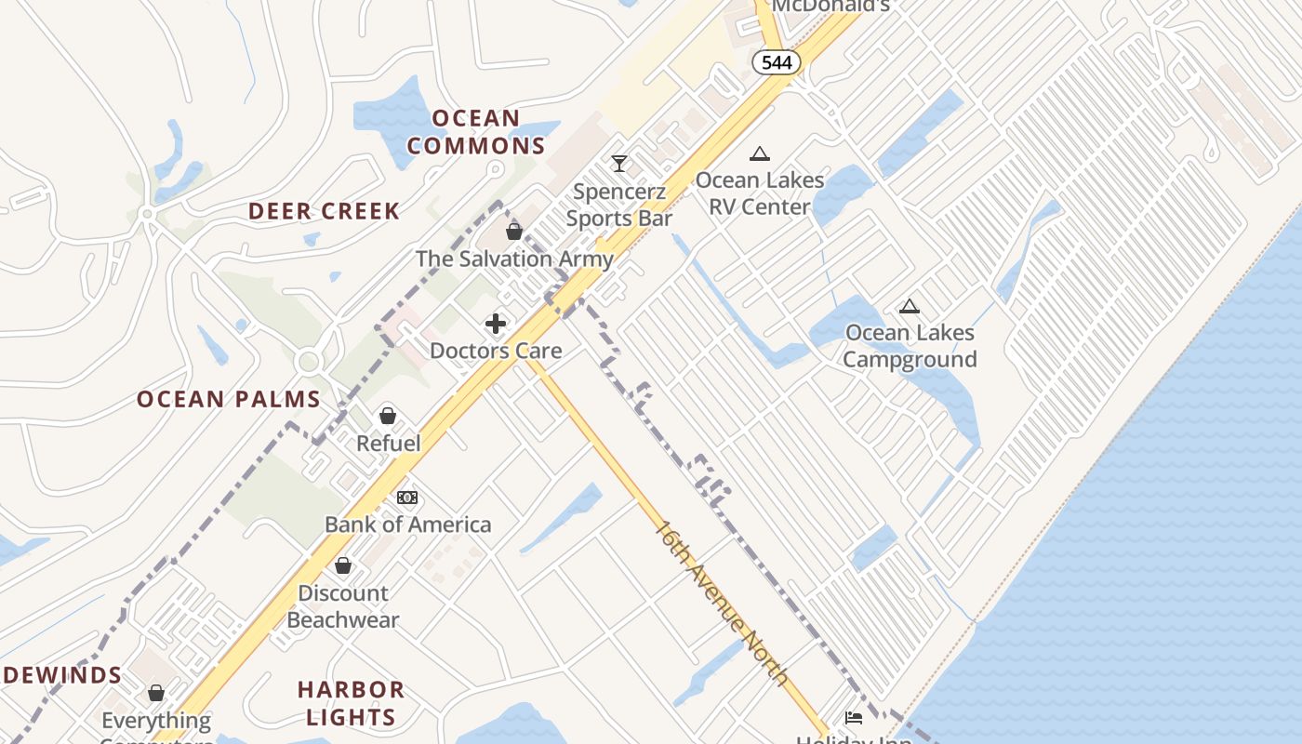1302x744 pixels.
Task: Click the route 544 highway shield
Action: coord(777,62)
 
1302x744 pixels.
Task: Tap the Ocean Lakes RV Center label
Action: coord(760,193)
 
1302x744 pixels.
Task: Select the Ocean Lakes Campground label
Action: coord(910,346)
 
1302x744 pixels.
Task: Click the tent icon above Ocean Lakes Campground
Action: coord(909,306)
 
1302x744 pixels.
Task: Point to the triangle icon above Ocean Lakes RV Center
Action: coord(760,153)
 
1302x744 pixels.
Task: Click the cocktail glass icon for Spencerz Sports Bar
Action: coord(619,164)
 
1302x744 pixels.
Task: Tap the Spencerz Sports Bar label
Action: coord(619,206)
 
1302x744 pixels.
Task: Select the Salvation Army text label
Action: coord(514,259)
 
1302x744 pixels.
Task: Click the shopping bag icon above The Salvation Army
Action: coord(514,231)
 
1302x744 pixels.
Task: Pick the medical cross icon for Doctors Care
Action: coord(496,323)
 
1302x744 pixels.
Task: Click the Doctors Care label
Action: coord(496,351)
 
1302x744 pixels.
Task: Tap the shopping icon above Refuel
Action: coord(388,415)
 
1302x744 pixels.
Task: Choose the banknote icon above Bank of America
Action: coord(407,498)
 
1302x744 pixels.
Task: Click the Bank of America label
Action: coord(407,525)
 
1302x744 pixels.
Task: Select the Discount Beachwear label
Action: coord(343,606)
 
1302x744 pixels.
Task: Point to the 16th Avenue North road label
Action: coord(722,604)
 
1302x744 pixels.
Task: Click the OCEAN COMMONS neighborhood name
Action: coord(476,132)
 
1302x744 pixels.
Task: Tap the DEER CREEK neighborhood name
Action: coord(324,211)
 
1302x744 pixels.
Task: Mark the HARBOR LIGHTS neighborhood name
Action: coord(351,703)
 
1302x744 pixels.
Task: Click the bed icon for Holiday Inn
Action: coord(853,717)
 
